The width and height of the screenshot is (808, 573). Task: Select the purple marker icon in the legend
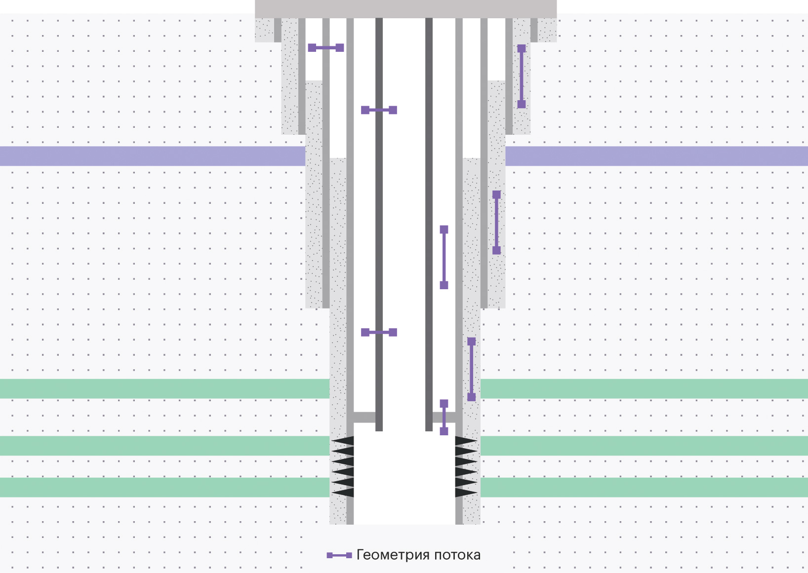[x=339, y=555]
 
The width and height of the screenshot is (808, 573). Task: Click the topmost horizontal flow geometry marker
[x=326, y=48]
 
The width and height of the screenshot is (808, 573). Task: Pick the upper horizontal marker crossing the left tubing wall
[x=379, y=110]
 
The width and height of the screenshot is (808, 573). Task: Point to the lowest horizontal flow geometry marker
[x=379, y=333]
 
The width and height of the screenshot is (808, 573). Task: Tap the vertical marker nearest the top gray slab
[x=522, y=76]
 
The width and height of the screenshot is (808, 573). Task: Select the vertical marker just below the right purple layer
[x=496, y=223]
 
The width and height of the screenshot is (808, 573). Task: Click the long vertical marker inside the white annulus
[x=444, y=257]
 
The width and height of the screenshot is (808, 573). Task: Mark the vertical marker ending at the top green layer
[x=472, y=369]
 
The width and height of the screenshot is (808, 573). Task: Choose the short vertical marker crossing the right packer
[x=444, y=418]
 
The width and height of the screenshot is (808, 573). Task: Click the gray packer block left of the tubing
[x=364, y=417]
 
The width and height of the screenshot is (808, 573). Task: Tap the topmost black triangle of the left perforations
[x=343, y=441]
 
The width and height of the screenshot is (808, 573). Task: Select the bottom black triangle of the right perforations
[x=466, y=492]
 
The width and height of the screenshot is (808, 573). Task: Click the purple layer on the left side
[x=153, y=156]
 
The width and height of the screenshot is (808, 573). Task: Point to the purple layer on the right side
[x=656, y=156]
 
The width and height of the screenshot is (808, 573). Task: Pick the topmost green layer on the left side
[x=165, y=389]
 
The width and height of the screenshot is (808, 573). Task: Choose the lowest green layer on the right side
[x=644, y=488]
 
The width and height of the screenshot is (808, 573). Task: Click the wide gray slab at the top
[x=406, y=9]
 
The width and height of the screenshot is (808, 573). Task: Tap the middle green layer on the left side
[x=165, y=446]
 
